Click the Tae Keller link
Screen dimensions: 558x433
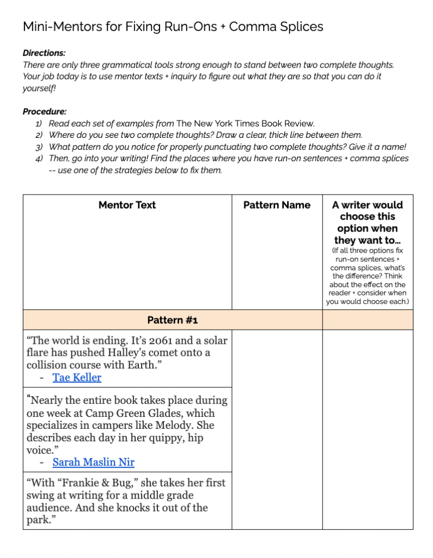coord(77,377)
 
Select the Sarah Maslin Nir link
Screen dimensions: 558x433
coord(93,462)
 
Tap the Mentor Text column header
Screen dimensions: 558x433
coord(127,205)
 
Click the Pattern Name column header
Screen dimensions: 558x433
coord(277,205)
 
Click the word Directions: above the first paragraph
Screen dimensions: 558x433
coord(44,53)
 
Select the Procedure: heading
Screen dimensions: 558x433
coord(45,111)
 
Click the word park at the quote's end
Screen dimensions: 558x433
coord(39,519)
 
